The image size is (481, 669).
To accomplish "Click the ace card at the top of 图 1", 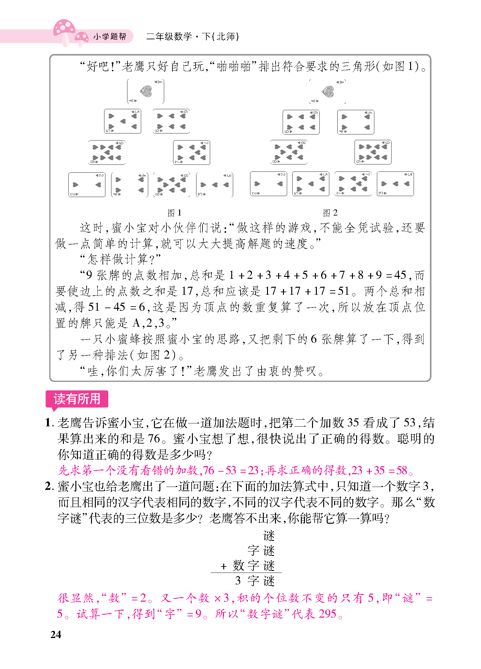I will click(x=146, y=92).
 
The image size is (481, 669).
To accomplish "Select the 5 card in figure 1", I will click(x=123, y=121).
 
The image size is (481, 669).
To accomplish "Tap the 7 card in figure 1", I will click(x=192, y=153).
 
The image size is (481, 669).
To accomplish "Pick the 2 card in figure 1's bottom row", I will click(x=87, y=185).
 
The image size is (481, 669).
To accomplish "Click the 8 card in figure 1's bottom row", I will click(x=172, y=185).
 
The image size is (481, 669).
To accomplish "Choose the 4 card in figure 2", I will click(x=356, y=122).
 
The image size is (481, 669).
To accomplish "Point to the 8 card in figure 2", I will click(x=289, y=152).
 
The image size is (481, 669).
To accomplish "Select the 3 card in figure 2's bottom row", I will click(x=395, y=184).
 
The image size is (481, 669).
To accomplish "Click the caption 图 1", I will click(x=174, y=213).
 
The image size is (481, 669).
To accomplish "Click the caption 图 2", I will click(x=330, y=213).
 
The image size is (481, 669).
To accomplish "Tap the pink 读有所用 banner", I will click(x=77, y=399).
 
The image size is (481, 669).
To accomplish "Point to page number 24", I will click(x=56, y=635).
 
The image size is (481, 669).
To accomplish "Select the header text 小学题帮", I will click(x=110, y=37).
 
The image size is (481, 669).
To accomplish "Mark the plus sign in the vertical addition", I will click(x=224, y=566).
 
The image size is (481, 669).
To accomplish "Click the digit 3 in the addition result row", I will click(x=238, y=581).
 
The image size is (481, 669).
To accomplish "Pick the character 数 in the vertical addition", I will click(x=239, y=566).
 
